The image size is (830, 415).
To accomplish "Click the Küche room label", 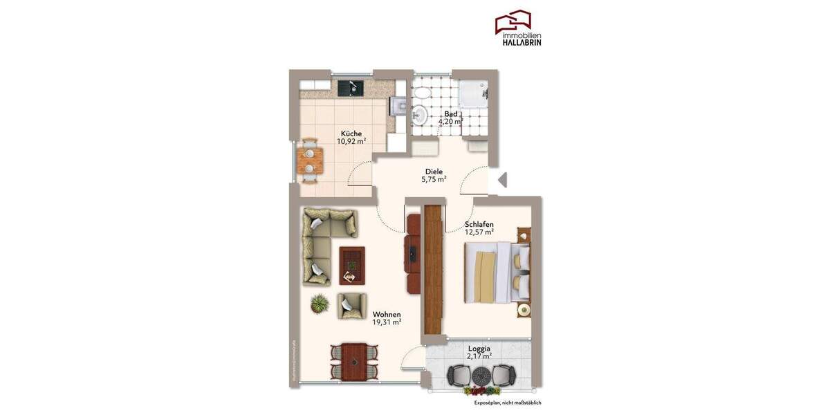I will click(x=351, y=133).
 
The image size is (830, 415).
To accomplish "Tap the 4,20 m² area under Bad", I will click(x=450, y=122).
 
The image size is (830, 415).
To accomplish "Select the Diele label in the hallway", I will click(x=434, y=172).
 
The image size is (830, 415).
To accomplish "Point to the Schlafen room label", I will click(x=479, y=224).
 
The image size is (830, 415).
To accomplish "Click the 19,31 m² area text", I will click(x=387, y=322).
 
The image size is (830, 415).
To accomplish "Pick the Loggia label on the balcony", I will click(x=479, y=349).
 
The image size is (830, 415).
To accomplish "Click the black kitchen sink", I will click(x=351, y=88).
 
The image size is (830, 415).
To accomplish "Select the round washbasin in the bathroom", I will click(x=420, y=113).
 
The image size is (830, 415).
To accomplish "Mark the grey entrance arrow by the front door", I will click(x=502, y=180).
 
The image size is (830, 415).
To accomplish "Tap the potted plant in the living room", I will click(x=320, y=303).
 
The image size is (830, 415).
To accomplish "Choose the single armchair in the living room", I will click(x=351, y=305).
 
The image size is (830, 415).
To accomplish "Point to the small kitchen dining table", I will click(x=310, y=160).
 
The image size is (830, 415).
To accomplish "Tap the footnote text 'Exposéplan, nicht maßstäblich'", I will click(x=507, y=403).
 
